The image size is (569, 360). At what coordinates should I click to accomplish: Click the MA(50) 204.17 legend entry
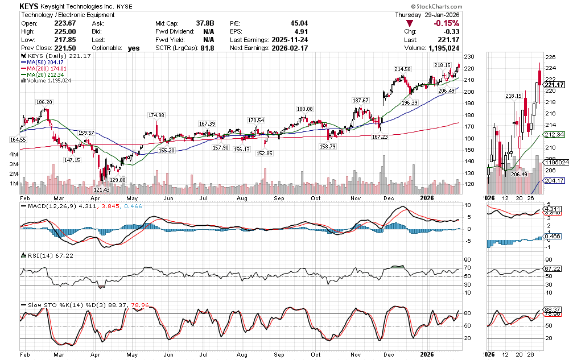(x=48, y=63)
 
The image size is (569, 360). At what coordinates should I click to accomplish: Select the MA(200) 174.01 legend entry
(x=50, y=69)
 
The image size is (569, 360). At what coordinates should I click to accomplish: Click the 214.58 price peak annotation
(x=403, y=69)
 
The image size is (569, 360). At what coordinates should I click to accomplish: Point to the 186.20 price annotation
(x=44, y=102)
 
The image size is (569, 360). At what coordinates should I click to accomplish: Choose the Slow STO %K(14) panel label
(x=56, y=305)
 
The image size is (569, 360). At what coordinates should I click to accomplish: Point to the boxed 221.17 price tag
(x=553, y=85)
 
